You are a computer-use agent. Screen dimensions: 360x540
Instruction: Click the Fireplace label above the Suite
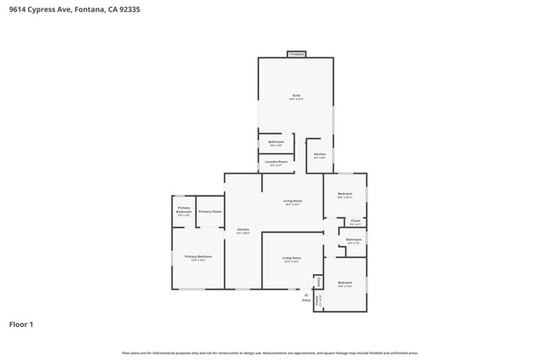click(296, 54)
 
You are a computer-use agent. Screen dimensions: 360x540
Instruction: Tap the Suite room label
click(296, 95)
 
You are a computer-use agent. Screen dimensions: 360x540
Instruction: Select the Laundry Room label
click(276, 161)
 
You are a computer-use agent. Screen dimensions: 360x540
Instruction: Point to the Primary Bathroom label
click(184, 209)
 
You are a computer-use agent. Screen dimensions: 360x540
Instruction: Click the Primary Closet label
click(210, 212)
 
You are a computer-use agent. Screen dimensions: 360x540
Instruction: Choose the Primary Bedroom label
click(198, 256)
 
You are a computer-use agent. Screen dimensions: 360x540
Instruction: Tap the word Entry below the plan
click(306, 300)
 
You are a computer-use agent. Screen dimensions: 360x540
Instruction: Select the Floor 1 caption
click(21, 324)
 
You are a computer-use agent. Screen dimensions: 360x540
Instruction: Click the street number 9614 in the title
click(17, 8)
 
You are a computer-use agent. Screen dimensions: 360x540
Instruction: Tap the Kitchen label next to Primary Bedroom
click(243, 229)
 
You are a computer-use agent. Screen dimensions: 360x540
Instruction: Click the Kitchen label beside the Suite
click(320, 154)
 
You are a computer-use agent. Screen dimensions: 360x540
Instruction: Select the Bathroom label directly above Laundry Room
click(276, 142)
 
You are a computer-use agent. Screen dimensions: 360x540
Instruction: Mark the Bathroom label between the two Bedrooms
click(354, 239)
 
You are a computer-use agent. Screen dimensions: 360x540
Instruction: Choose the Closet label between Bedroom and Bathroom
click(355, 220)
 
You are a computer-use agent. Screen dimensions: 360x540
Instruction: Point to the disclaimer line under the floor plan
click(270, 352)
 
